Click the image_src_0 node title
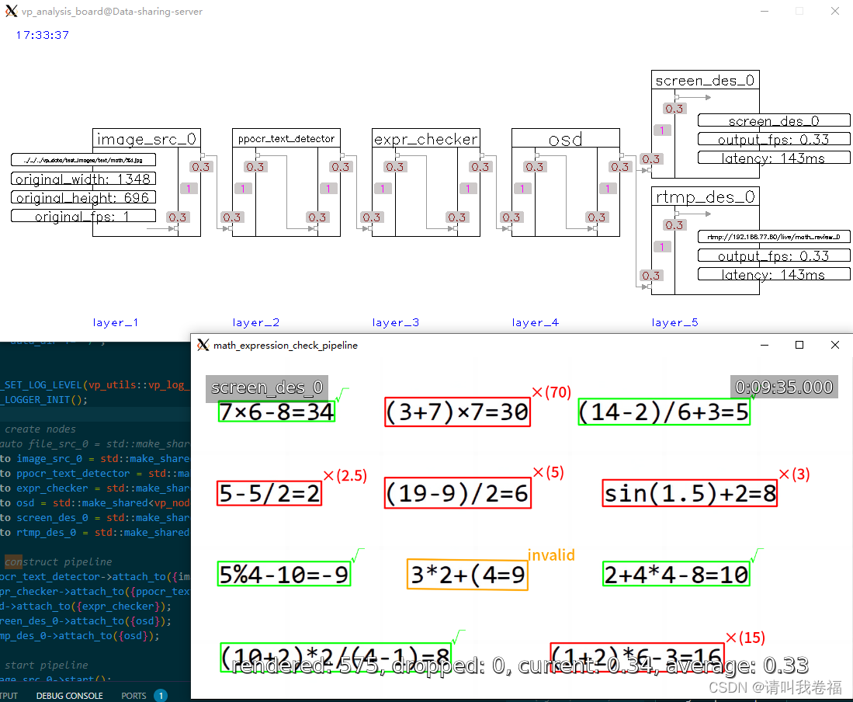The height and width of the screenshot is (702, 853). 146,139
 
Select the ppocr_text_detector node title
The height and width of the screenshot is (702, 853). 286,139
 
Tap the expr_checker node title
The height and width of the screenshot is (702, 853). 425,139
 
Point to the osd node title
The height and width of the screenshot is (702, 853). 565,139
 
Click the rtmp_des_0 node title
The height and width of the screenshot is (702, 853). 705,196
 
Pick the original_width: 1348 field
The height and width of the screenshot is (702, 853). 83,179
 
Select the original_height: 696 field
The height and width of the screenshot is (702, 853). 83,197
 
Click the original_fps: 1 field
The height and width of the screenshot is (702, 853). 83,216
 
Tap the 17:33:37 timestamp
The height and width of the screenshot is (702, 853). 43,35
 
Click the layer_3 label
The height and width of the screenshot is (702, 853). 395,322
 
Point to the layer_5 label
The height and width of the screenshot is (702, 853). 674,322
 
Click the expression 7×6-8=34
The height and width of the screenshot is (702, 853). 276,412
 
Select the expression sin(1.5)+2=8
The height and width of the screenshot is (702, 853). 689,493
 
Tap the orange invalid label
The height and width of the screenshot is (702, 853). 551,555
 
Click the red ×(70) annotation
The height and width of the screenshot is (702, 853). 551,393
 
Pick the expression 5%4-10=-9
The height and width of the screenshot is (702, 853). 283,574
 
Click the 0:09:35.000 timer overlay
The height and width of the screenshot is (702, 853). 784,387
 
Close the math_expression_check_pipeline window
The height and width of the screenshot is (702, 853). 834,345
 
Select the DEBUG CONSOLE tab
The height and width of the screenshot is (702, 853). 69,696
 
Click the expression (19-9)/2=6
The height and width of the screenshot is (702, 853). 457,493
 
